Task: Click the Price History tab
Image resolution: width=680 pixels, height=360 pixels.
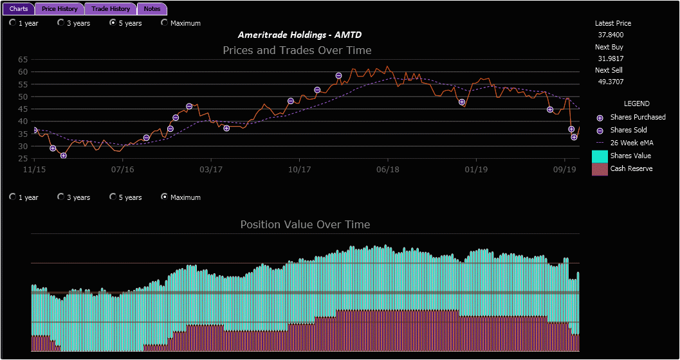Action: click(x=60, y=9)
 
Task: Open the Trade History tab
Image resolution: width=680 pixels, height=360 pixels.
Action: click(x=111, y=9)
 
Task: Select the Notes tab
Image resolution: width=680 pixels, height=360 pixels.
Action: click(x=152, y=9)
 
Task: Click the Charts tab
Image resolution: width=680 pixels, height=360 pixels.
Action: click(x=19, y=9)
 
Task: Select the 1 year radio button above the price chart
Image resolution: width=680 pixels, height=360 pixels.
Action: click(x=13, y=23)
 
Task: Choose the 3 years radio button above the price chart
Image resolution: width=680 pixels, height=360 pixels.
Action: click(x=61, y=23)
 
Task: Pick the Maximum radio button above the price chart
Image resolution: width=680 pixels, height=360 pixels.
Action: click(x=165, y=23)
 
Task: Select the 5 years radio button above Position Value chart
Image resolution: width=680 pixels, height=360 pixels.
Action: click(x=113, y=197)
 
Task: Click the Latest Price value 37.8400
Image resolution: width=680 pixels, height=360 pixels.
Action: click(x=611, y=35)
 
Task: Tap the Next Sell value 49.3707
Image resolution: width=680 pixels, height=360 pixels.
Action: click(x=611, y=82)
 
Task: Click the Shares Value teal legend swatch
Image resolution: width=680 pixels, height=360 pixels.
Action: click(x=600, y=156)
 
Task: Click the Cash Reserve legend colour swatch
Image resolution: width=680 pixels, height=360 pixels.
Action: click(x=600, y=169)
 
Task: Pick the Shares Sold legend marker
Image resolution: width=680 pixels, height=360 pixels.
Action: click(x=600, y=130)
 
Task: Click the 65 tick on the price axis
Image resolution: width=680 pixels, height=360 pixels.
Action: click(x=23, y=59)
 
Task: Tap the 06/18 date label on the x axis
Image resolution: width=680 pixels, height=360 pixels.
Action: click(x=387, y=170)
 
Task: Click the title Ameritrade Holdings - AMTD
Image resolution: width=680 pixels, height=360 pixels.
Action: click(x=304, y=35)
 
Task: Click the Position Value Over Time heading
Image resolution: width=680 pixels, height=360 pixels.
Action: click(x=305, y=224)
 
